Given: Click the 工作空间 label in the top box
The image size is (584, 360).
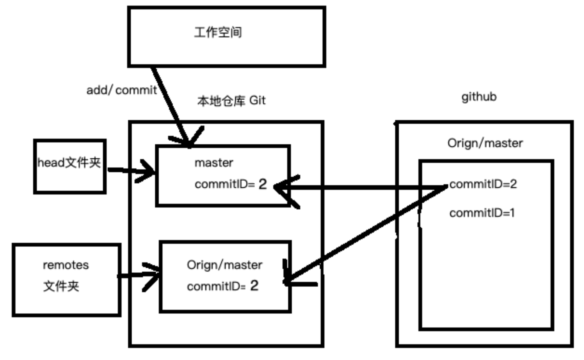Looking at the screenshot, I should tap(218, 32).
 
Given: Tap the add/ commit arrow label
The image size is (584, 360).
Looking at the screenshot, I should tap(121, 90).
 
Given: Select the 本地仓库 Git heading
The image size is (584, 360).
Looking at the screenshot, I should tap(231, 101).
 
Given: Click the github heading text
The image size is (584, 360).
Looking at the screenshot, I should tap(479, 97).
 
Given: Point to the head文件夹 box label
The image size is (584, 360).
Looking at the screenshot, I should tap(69, 163).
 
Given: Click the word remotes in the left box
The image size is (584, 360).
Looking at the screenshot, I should tap(66, 265).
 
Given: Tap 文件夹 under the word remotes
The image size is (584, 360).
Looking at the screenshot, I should tap(61, 286).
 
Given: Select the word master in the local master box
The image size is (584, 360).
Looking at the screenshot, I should tap(214, 163).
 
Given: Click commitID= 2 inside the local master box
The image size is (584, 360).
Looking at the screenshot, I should tap(231, 184).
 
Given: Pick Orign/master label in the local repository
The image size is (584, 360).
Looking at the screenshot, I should tap(224, 265).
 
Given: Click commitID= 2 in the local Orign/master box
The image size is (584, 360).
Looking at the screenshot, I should tap(223, 286).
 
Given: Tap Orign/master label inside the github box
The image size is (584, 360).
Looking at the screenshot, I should tap(485, 143).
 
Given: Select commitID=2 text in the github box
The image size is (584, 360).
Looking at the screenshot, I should tap(483, 184).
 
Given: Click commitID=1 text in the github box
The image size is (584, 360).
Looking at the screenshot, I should tap(482, 213).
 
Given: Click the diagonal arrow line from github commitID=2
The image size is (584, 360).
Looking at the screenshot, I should tap(367, 232).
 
